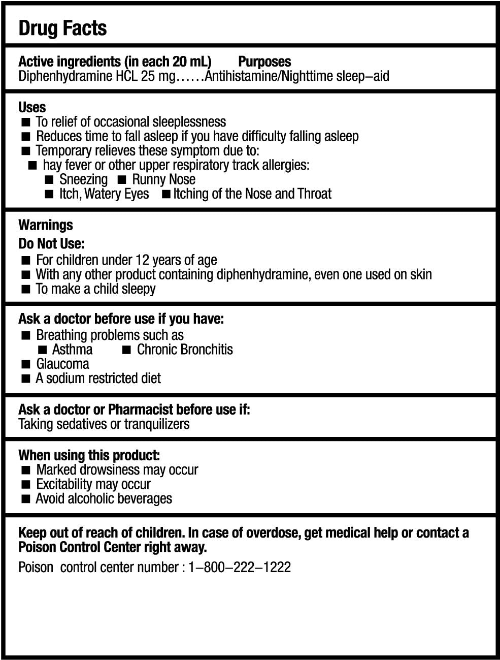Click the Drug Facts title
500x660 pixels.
(62, 28)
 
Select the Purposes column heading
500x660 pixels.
(264, 62)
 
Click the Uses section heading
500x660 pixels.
(32, 107)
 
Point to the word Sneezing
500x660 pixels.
(83, 179)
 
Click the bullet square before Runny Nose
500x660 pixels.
(122, 180)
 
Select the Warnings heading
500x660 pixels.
(46, 225)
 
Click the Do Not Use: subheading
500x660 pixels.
(51, 243)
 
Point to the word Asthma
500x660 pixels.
(73, 350)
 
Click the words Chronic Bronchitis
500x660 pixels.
(185, 350)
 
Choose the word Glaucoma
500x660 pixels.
(62, 364)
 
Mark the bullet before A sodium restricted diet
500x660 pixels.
(26, 379)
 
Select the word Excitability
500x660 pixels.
(64, 484)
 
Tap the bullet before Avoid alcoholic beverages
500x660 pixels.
(26, 499)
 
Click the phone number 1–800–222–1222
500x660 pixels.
(240, 567)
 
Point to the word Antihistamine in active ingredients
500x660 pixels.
(242, 77)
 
